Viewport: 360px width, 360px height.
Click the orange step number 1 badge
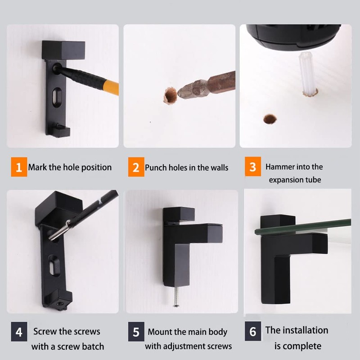click(x=18, y=167)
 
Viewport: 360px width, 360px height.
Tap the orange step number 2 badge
click(x=135, y=168)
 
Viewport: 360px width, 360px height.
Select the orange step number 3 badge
click(x=253, y=167)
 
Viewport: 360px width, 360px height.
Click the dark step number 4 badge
click(x=18, y=332)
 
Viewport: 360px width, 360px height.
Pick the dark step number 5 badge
click(x=135, y=332)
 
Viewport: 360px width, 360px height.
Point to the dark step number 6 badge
click(x=253, y=332)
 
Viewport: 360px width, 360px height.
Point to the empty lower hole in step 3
click(x=270, y=119)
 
